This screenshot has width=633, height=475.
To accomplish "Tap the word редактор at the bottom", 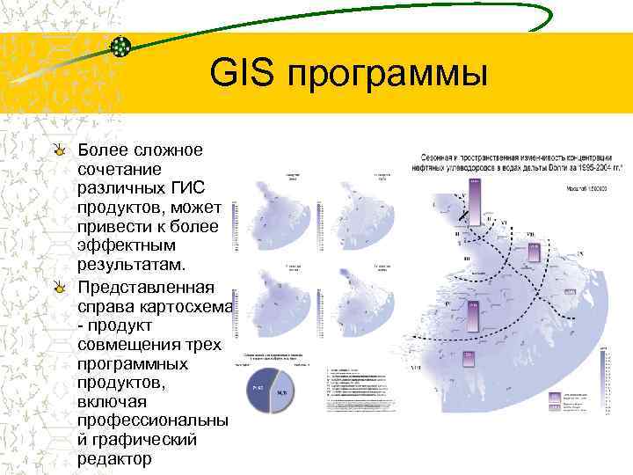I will point(114,459).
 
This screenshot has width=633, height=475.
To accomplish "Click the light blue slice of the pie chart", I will point(285,392).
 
